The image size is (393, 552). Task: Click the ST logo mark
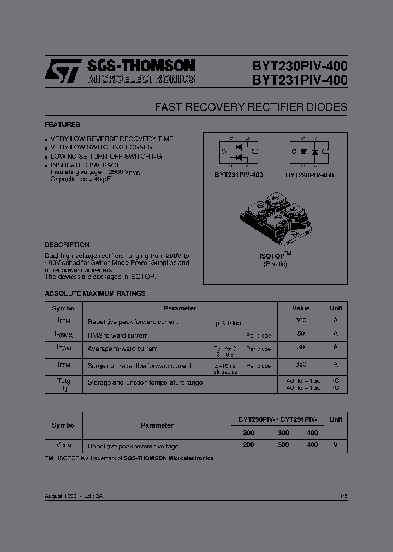(63, 71)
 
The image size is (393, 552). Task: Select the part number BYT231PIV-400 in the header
(300, 80)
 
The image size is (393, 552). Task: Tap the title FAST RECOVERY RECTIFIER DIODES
(251, 107)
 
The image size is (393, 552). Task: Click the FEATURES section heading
(62, 125)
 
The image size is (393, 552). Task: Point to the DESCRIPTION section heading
(67, 245)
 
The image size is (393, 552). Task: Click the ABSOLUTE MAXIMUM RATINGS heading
(95, 293)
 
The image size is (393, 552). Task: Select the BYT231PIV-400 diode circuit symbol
(239, 153)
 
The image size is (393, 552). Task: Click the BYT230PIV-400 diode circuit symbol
(309, 152)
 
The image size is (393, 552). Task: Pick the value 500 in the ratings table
(301, 321)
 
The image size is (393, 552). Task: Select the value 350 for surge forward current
(301, 364)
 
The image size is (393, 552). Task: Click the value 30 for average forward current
(301, 347)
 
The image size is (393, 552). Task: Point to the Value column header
(301, 308)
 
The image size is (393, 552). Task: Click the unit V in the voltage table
(336, 445)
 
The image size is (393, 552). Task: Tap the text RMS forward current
(118, 335)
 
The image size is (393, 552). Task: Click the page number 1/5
(343, 496)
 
